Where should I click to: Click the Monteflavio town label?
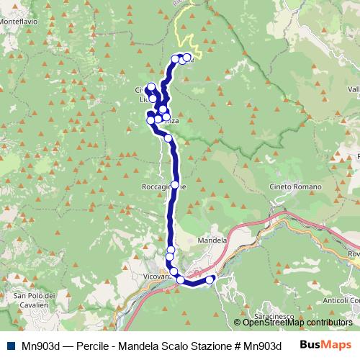pyautogui.click(x=19, y=22)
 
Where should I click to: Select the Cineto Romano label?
pyautogui.click(x=289, y=186)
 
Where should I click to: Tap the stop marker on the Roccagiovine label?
pyautogui.click(x=174, y=185)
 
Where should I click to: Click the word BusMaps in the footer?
pyautogui.click(x=323, y=345)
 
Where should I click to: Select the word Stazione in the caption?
pyautogui.click(x=208, y=345)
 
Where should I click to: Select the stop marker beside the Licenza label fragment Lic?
pyautogui.click(x=153, y=99)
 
